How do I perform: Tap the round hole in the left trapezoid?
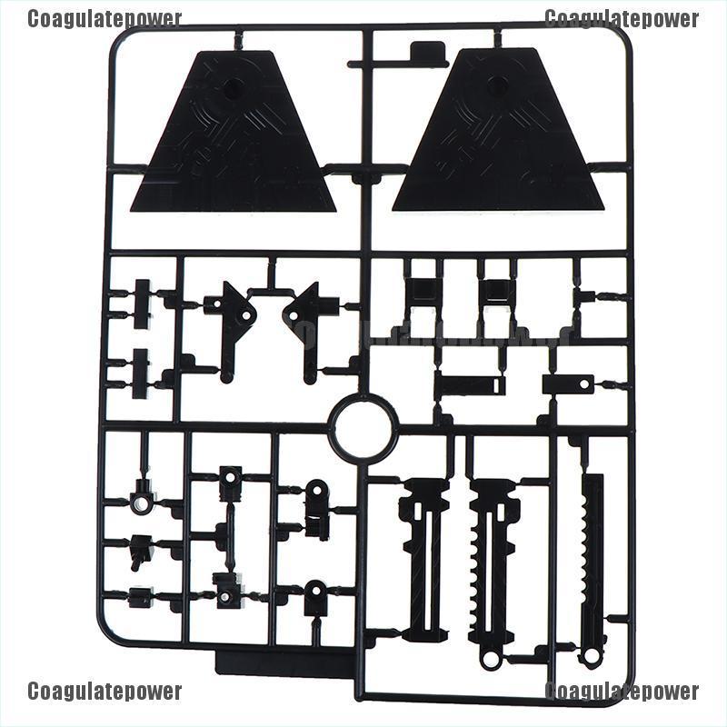coord(231,88)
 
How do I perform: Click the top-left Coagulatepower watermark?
coord(105,19)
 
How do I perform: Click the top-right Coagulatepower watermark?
coord(622,19)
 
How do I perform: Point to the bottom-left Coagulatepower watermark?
coord(105,692)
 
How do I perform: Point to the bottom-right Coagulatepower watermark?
coord(622,692)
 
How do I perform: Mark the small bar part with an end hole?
coord(471,383)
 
